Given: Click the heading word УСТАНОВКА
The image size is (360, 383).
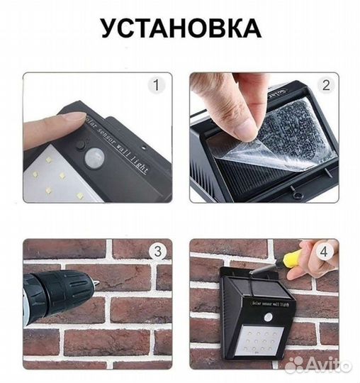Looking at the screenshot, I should coord(180,28).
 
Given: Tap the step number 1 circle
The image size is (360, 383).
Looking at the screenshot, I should coord(157,86).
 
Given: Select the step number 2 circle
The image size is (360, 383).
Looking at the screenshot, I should coord(325,85).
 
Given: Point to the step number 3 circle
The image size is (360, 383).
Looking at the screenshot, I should coord(157,250).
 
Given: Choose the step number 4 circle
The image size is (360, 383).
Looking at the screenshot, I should coord(325,250).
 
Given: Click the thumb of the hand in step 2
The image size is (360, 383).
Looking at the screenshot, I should coord(244,125).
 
